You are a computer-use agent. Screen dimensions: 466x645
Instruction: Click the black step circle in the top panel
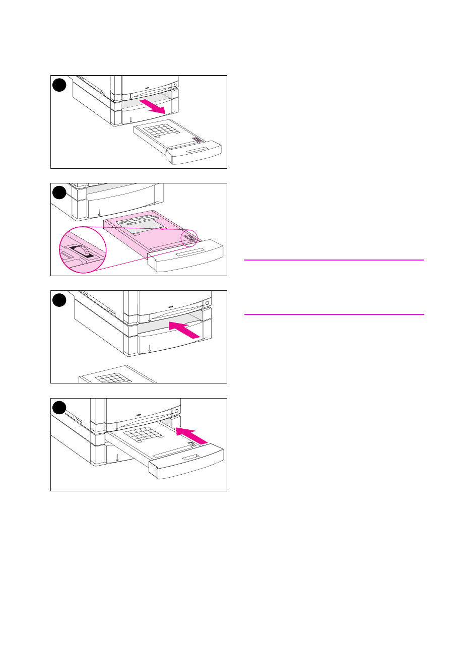[59, 85]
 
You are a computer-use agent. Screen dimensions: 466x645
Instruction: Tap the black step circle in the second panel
[59, 192]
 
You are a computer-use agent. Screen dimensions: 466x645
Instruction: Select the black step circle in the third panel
[59, 300]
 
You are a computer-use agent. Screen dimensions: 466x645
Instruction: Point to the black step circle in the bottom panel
[59, 407]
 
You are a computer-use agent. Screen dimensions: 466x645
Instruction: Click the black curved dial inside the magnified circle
[81, 250]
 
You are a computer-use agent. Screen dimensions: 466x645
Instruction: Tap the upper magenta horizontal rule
[334, 260]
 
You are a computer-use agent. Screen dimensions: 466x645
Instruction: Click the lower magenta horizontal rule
[334, 314]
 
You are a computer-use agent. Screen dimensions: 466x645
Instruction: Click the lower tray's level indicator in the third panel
[150, 349]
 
